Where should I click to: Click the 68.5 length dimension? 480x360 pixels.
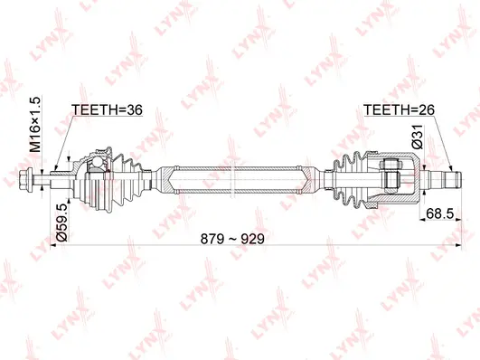tap(438, 214)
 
